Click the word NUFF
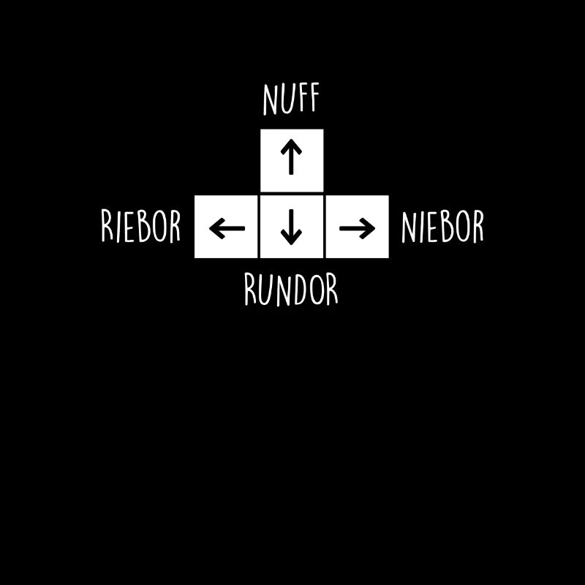(x=291, y=99)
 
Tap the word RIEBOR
(x=140, y=226)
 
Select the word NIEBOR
(x=442, y=226)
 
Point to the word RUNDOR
(x=291, y=290)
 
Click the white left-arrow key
(x=226, y=227)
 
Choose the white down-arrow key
(x=292, y=227)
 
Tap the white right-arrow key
(x=358, y=227)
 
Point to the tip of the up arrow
(x=291, y=140)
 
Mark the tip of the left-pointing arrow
(x=210, y=228)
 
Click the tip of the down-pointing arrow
(x=291, y=245)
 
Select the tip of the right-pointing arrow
(x=375, y=228)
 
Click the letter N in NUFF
(x=270, y=100)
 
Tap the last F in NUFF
(x=314, y=97)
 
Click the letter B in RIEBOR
(x=144, y=226)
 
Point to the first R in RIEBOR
(x=107, y=224)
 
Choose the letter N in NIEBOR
(x=409, y=227)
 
